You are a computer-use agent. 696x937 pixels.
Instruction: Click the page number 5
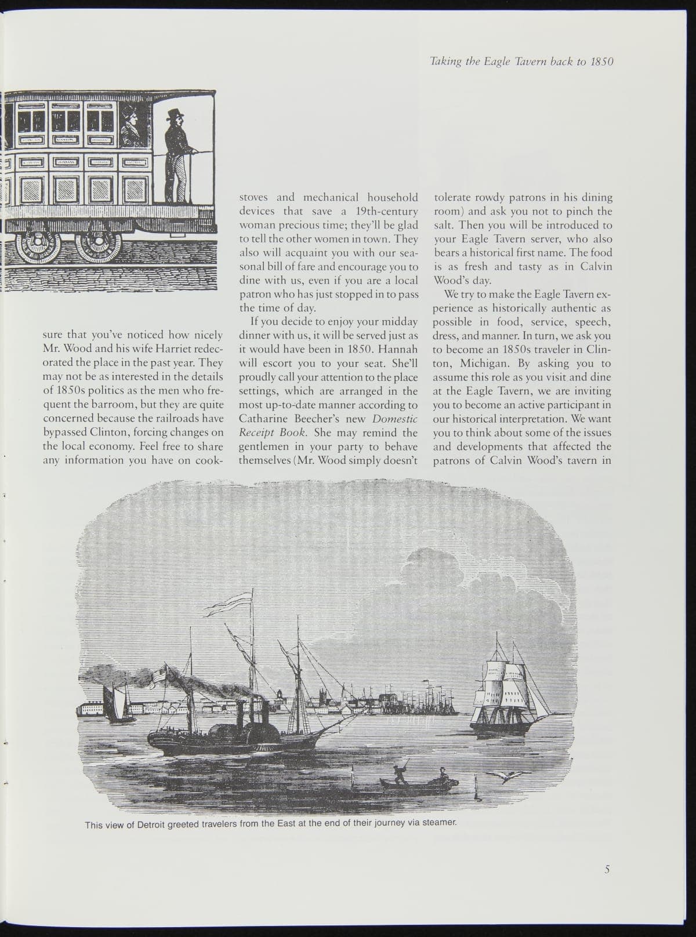click(x=607, y=869)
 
